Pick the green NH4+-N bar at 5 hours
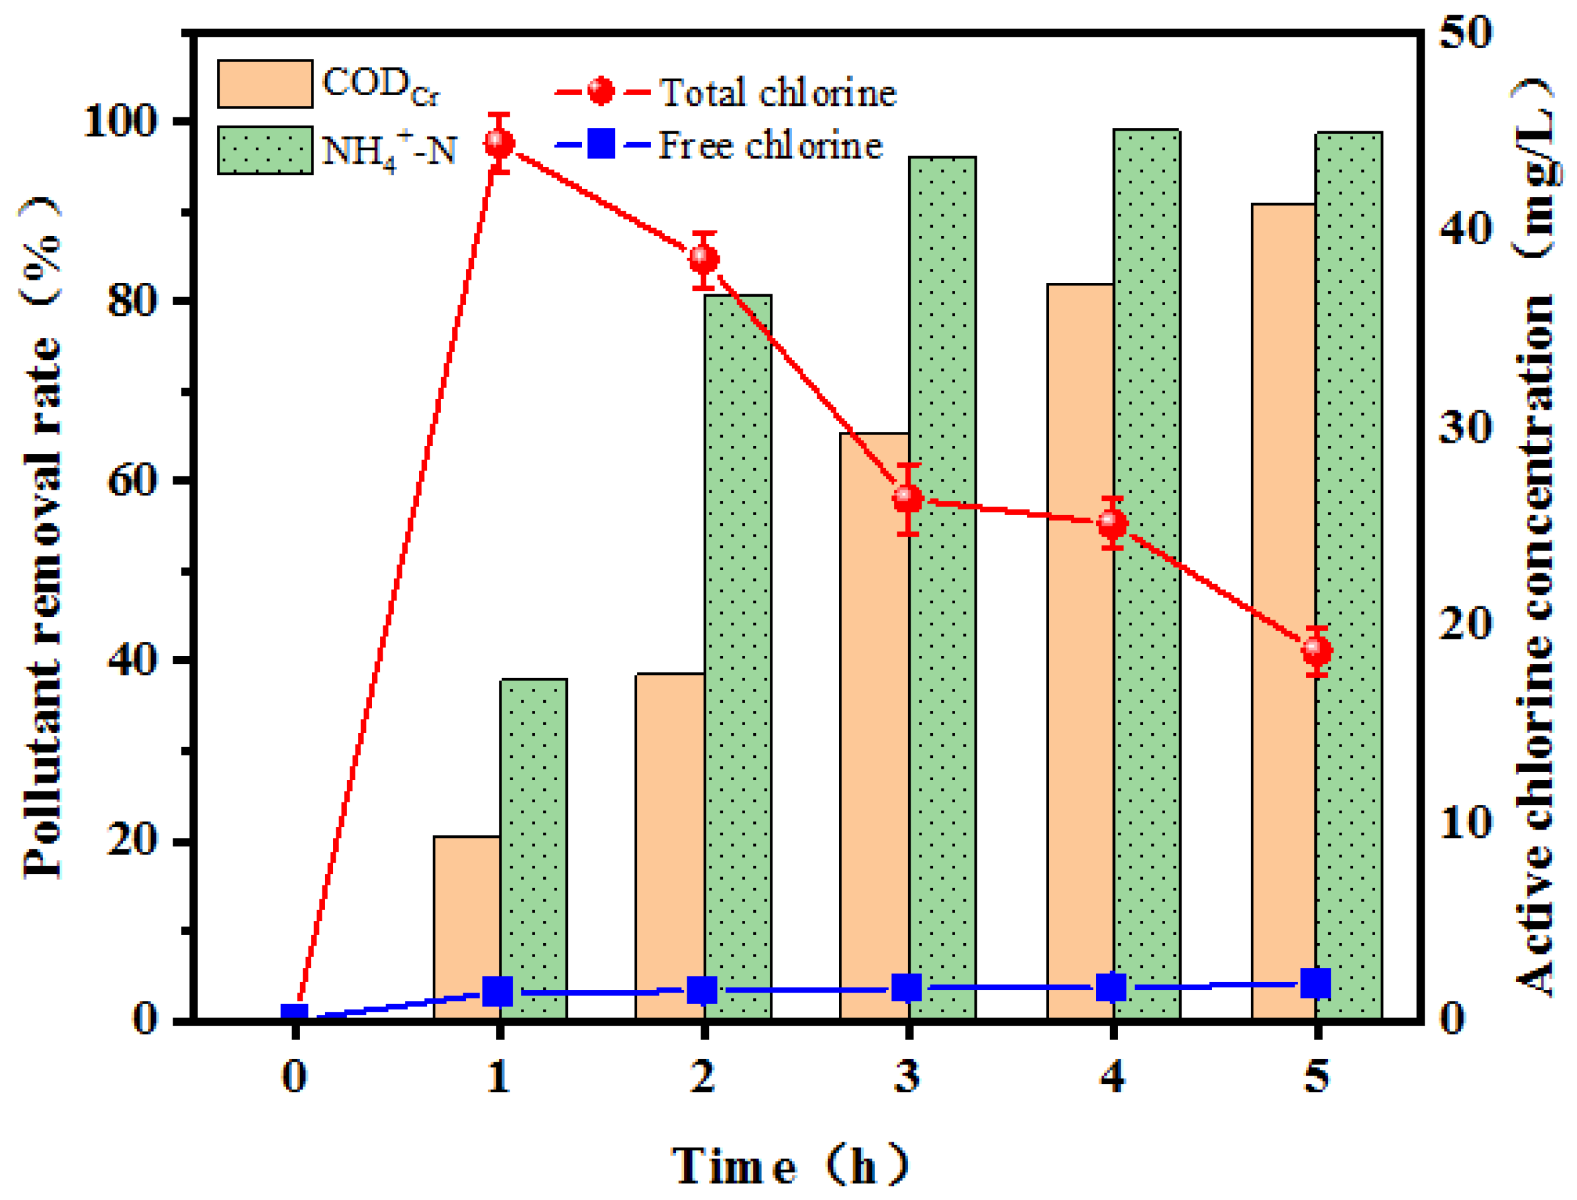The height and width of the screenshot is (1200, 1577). pyautogui.click(x=1348, y=571)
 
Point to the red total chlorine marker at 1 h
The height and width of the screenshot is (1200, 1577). pyautogui.click(x=499, y=143)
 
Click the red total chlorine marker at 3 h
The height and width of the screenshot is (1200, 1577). pyautogui.click(x=907, y=499)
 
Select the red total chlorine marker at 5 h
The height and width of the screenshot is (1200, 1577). pyautogui.click(x=1316, y=651)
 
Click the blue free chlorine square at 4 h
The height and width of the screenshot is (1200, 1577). pyautogui.click(x=1111, y=987)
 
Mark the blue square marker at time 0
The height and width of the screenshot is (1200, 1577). pyautogui.click(x=294, y=1017)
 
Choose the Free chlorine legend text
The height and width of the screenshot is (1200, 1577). pyautogui.click(x=770, y=146)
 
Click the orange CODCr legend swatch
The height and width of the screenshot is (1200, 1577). pyautogui.click(x=265, y=84)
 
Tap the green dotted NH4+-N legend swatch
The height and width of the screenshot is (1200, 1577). pyautogui.click(x=265, y=150)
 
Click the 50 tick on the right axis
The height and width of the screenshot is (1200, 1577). pyautogui.click(x=1465, y=32)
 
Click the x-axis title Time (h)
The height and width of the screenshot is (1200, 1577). pyautogui.click(x=789, y=1166)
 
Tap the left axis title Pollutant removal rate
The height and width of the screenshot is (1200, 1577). pyautogui.click(x=41, y=536)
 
